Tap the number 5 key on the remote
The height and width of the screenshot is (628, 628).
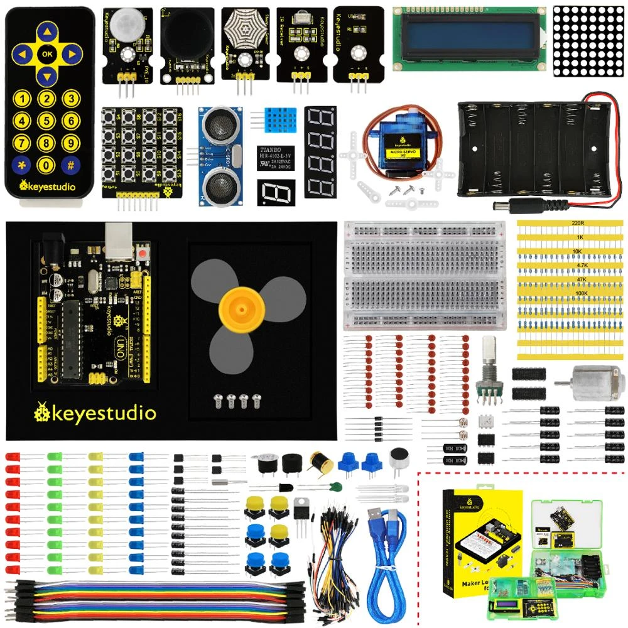pyautogui.click(x=46, y=121)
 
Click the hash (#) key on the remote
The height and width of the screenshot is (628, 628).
pyautogui.click(x=71, y=166)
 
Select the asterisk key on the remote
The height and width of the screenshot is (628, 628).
pyautogui.click(x=22, y=166)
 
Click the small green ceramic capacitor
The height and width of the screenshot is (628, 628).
pyautogui.click(x=337, y=487)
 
